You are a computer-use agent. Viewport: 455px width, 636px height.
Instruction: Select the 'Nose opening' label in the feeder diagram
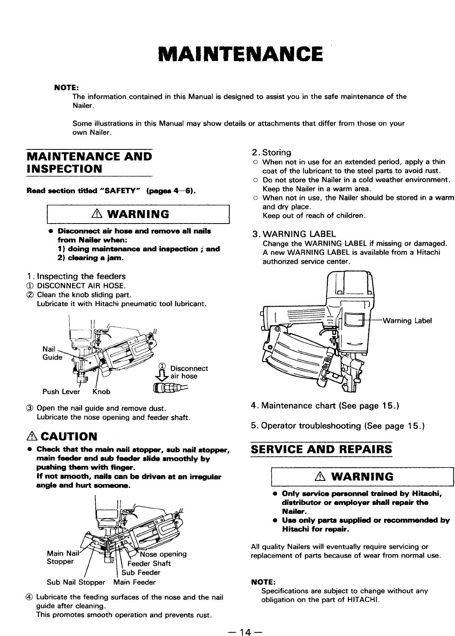click(x=163, y=554)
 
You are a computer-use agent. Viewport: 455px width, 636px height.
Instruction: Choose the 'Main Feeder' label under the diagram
click(x=134, y=582)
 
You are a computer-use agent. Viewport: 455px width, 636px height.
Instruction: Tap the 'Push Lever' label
click(x=59, y=392)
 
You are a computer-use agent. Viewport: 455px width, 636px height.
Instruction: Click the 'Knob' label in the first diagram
click(x=101, y=392)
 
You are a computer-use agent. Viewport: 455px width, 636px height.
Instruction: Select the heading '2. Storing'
click(x=271, y=153)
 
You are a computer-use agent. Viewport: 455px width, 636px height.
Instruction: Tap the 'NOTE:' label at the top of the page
click(x=63, y=87)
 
